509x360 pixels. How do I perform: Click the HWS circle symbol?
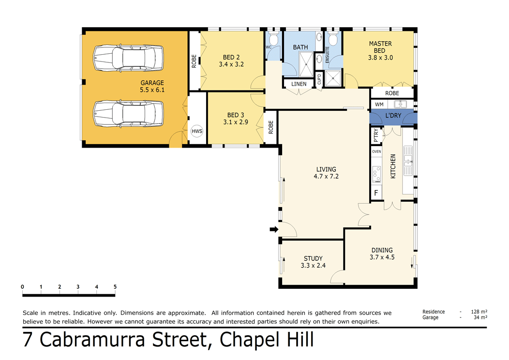tap(197, 131)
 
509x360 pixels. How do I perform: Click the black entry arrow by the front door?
tap(274, 229)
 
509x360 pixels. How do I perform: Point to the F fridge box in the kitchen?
tap(375, 194)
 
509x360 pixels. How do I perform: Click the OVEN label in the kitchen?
tap(376, 151)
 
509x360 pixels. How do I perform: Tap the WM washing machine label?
tap(379, 105)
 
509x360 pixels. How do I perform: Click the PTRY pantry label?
tap(376, 136)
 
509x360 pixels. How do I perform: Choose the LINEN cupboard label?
tap(299, 84)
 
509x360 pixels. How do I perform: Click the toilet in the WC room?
tap(273, 40)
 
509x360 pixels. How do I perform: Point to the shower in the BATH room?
tap(305, 64)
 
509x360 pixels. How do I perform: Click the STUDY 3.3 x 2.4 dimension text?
tap(313, 265)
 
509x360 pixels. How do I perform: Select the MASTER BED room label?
tap(380, 47)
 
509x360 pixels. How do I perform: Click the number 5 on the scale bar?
tap(115, 287)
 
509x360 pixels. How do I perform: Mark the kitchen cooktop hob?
tap(376, 174)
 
